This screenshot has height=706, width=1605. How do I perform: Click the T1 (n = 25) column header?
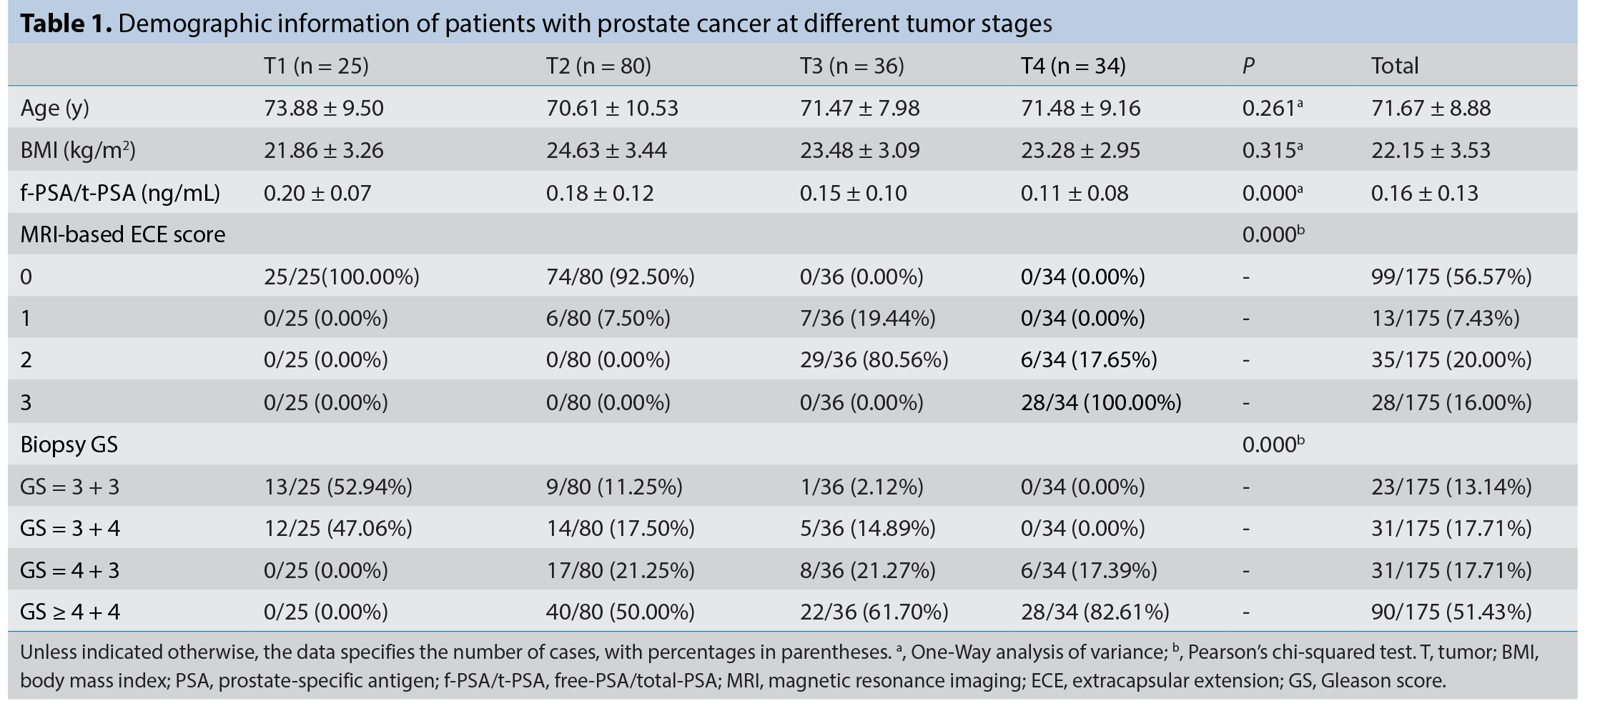point(316,66)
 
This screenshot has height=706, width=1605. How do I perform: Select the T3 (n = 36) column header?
point(851,66)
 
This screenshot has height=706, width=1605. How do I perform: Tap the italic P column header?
point(1248,66)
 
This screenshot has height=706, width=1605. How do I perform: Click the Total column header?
point(1394,66)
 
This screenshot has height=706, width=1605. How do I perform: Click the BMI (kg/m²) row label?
point(78,150)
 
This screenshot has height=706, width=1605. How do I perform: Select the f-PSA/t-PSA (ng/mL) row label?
point(120,193)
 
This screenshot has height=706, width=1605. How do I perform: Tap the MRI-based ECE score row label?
point(123,234)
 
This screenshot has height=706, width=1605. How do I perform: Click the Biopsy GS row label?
point(69,444)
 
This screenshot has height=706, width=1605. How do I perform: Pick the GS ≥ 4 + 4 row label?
point(70,612)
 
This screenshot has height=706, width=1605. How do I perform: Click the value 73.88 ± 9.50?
point(324,108)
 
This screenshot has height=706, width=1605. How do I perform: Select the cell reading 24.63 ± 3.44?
point(606,150)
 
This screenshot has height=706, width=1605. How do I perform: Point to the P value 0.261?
point(1272,108)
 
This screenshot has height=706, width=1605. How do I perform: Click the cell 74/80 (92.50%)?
point(621,277)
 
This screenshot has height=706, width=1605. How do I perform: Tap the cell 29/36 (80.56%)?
point(874,359)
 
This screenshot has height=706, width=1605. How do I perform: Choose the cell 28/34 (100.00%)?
point(1101,402)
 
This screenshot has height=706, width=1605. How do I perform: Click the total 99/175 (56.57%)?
point(1451,277)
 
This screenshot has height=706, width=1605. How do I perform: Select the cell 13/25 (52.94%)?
point(338,487)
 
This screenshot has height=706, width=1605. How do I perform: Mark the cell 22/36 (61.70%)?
point(874,612)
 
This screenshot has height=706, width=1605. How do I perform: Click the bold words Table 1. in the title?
point(66,24)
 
